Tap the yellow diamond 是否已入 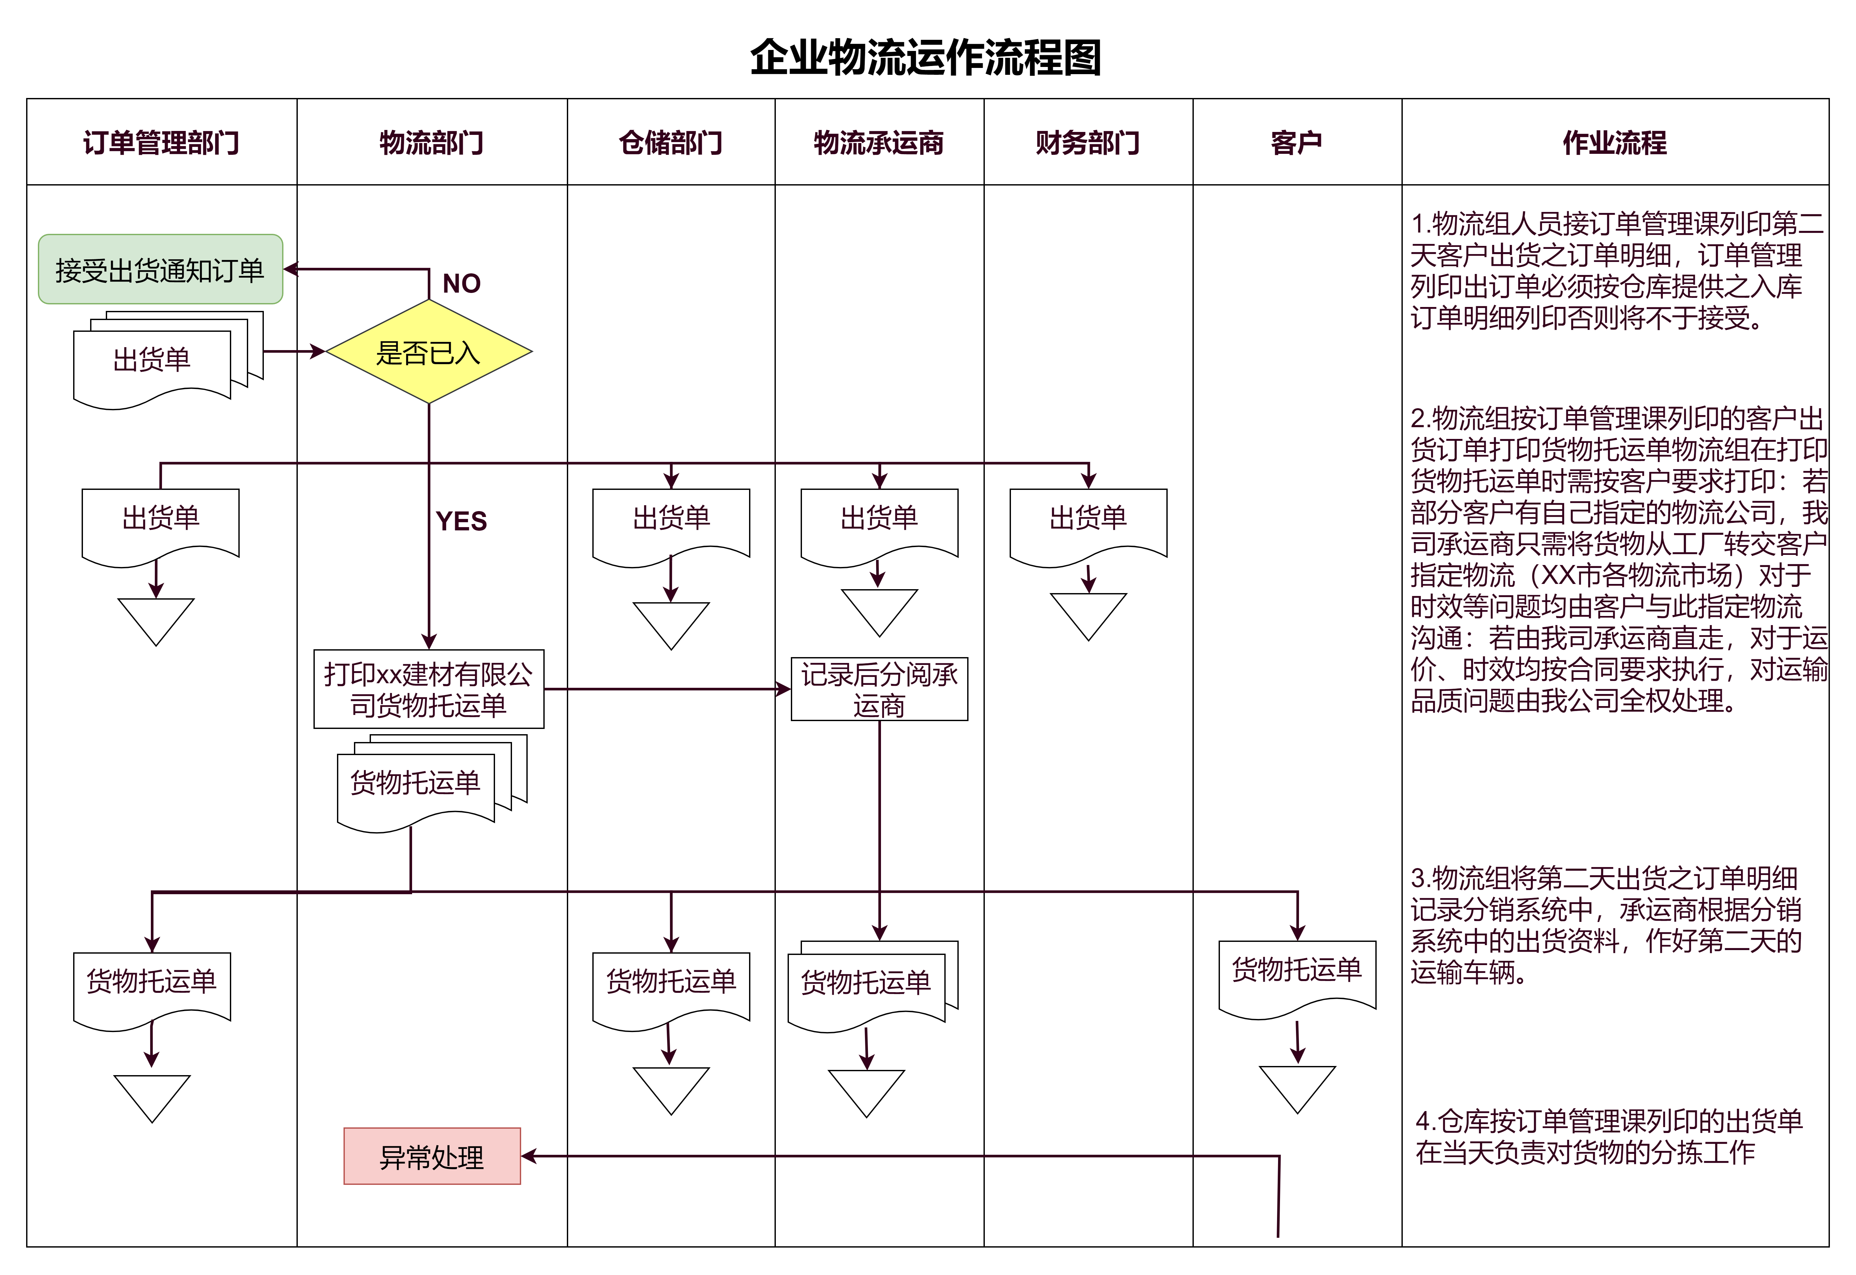429,351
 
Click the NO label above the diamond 462,283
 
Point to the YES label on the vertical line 462,521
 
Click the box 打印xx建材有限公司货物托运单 429,689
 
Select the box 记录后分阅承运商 879,689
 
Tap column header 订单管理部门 161,143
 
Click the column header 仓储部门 671,143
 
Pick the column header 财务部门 1088,143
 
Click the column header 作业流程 1615,143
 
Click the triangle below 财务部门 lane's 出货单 1088,611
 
